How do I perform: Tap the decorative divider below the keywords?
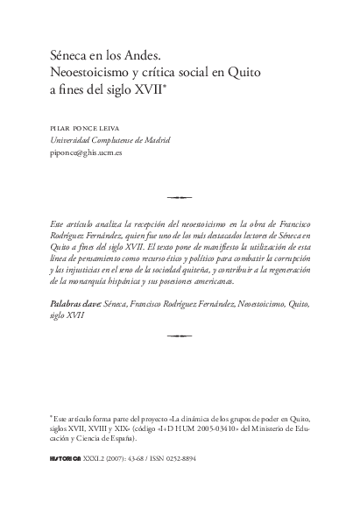(x=180, y=335)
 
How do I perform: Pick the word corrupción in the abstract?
(x=286, y=261)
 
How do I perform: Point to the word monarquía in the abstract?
(x=98, y=284)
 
